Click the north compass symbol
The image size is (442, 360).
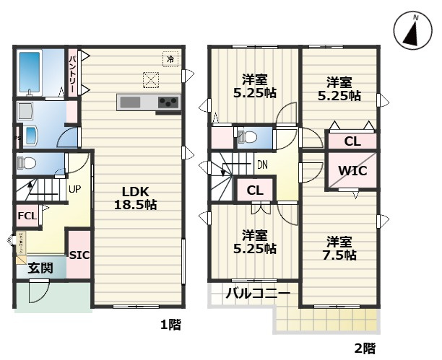point(413,32)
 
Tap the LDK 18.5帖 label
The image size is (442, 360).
point(134,198)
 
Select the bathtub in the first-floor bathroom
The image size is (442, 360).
point(31,71)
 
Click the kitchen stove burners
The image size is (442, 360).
point(169,102)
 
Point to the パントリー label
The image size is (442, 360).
point(73,71)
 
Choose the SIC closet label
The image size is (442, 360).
point(79,255)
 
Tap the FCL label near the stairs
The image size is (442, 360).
point(26,215)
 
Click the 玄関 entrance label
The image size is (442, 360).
point(40,268)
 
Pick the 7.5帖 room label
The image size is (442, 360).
point(339,247)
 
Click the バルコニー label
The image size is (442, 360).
point(258,294)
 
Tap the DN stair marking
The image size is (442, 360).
point(264,164)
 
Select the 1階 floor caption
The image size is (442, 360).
point(170,325)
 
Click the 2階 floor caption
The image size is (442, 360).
point(365,348)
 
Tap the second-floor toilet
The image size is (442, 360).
point(243,136)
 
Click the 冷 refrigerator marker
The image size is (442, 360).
point(170,59)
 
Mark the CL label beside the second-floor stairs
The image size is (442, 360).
point(254,190)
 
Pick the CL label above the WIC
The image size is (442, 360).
point(352,141)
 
